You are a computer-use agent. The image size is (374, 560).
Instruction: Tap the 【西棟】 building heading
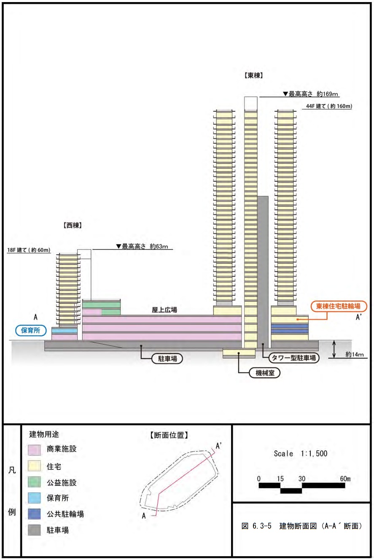coord(70,225)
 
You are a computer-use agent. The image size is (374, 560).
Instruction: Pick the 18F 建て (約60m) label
coord(29,250)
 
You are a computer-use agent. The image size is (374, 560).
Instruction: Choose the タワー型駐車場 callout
coord(294,358)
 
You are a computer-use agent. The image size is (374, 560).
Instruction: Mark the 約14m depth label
coord(354,355)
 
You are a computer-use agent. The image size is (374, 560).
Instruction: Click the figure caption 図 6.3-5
coord(302,527)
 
